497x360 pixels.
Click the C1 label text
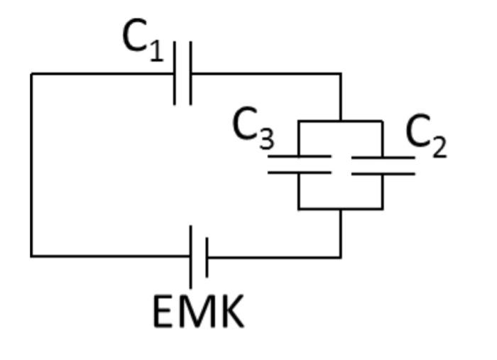143,38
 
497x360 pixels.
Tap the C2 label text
426,135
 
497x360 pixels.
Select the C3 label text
253,129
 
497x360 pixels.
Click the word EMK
198,311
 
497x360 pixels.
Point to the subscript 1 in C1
157,51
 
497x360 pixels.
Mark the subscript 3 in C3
266,139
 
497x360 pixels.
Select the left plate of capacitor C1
175,73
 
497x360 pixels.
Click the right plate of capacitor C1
190,73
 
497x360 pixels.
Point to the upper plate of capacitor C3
299,157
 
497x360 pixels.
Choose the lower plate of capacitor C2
383,172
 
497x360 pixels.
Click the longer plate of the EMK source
192,256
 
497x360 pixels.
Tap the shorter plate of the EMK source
206,256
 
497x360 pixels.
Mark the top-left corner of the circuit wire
31,73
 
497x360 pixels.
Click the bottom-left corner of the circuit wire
31,256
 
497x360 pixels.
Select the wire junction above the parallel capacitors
341,121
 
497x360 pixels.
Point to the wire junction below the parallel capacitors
341,209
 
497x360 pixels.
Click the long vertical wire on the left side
31,163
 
